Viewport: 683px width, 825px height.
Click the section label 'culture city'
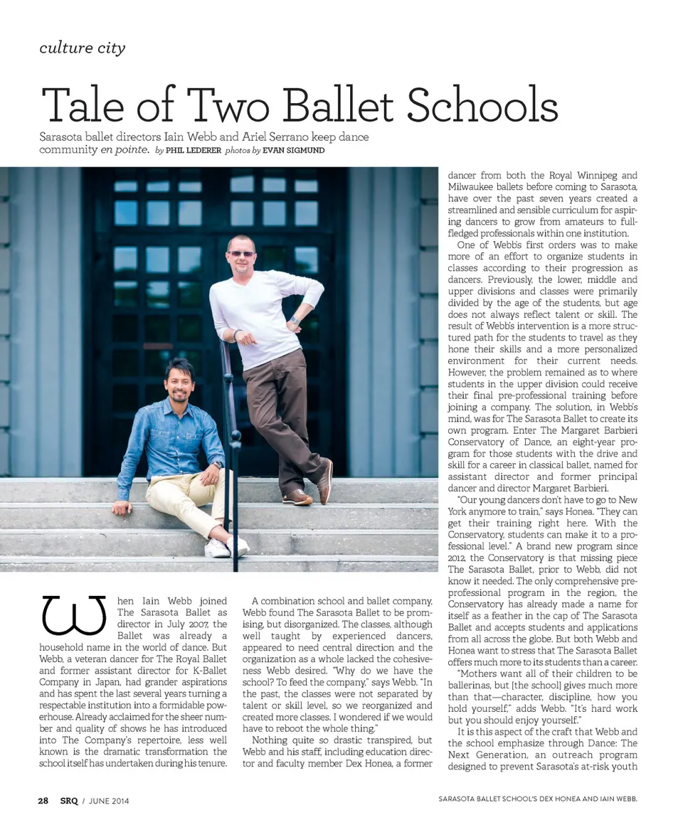tap(83, 48)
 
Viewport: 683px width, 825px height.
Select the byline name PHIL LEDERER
tap(193, 151)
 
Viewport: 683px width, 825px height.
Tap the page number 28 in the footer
tap(43, 800)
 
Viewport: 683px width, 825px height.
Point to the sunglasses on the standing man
tap(241, 254)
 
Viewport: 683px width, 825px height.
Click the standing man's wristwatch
tap(293, 319)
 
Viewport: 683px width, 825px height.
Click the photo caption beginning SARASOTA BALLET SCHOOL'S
tap(537, 799)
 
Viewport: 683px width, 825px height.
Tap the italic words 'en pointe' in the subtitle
tap(125, 150)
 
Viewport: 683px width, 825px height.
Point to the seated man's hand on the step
tap(121, 508)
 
